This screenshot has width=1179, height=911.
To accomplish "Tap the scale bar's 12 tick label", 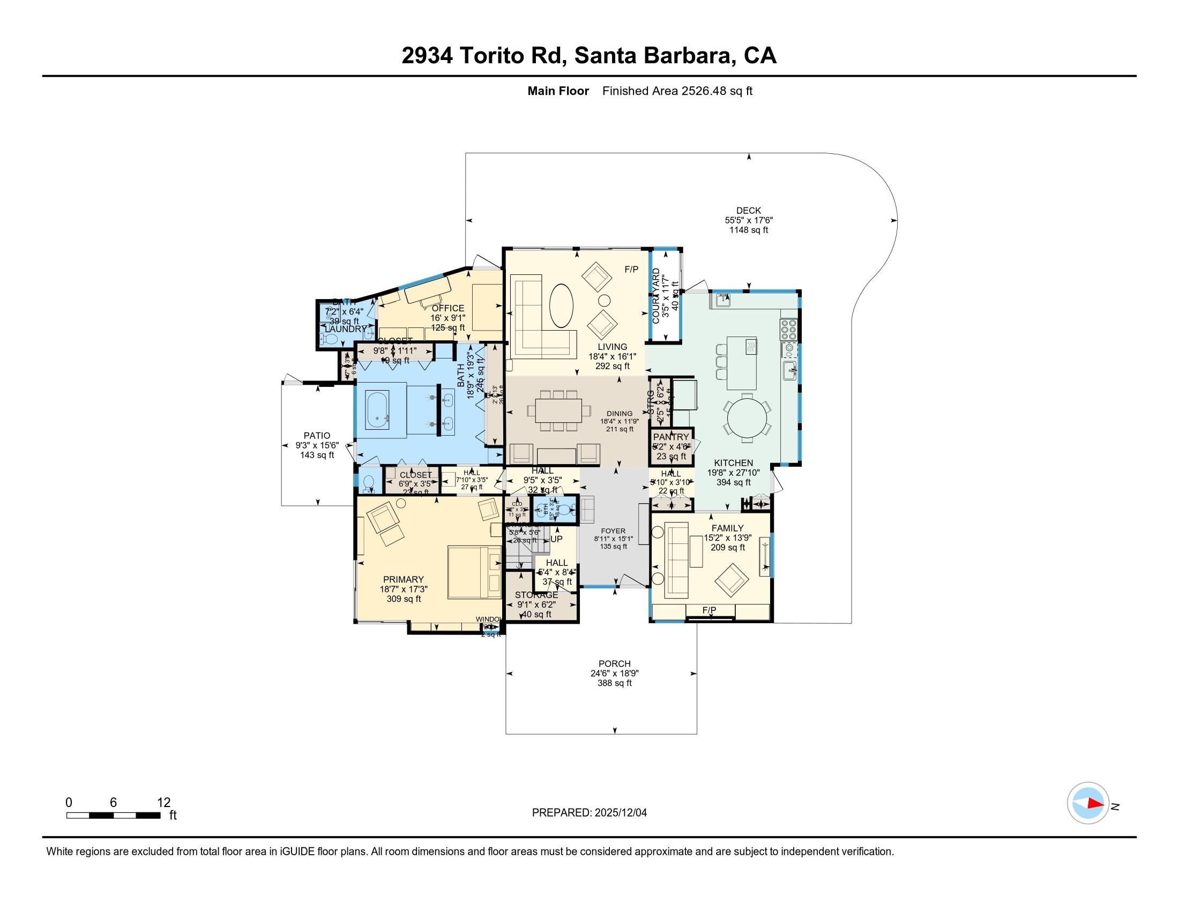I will click(163, 803).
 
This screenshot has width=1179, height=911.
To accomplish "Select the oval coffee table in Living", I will click(562, 305).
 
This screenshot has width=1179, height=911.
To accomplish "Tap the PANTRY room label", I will click(671, 437).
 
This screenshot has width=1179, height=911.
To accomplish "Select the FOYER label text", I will click(613, 531).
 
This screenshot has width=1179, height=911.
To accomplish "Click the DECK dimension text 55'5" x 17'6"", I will click(749, 220).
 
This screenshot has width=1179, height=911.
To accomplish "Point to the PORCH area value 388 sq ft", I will click(614, 683).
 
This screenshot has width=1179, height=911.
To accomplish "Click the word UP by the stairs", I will click(556, 539).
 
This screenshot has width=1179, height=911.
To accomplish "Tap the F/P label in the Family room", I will click(710, 610).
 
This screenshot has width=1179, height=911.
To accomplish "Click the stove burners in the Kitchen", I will click(788, 329).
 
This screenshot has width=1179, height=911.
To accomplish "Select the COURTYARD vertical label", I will click(656, 296).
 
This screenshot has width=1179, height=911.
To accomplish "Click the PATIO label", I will click(317, 436).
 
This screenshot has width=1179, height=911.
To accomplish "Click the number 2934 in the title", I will click(427, 56).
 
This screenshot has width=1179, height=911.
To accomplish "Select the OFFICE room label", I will click(447, 308).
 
